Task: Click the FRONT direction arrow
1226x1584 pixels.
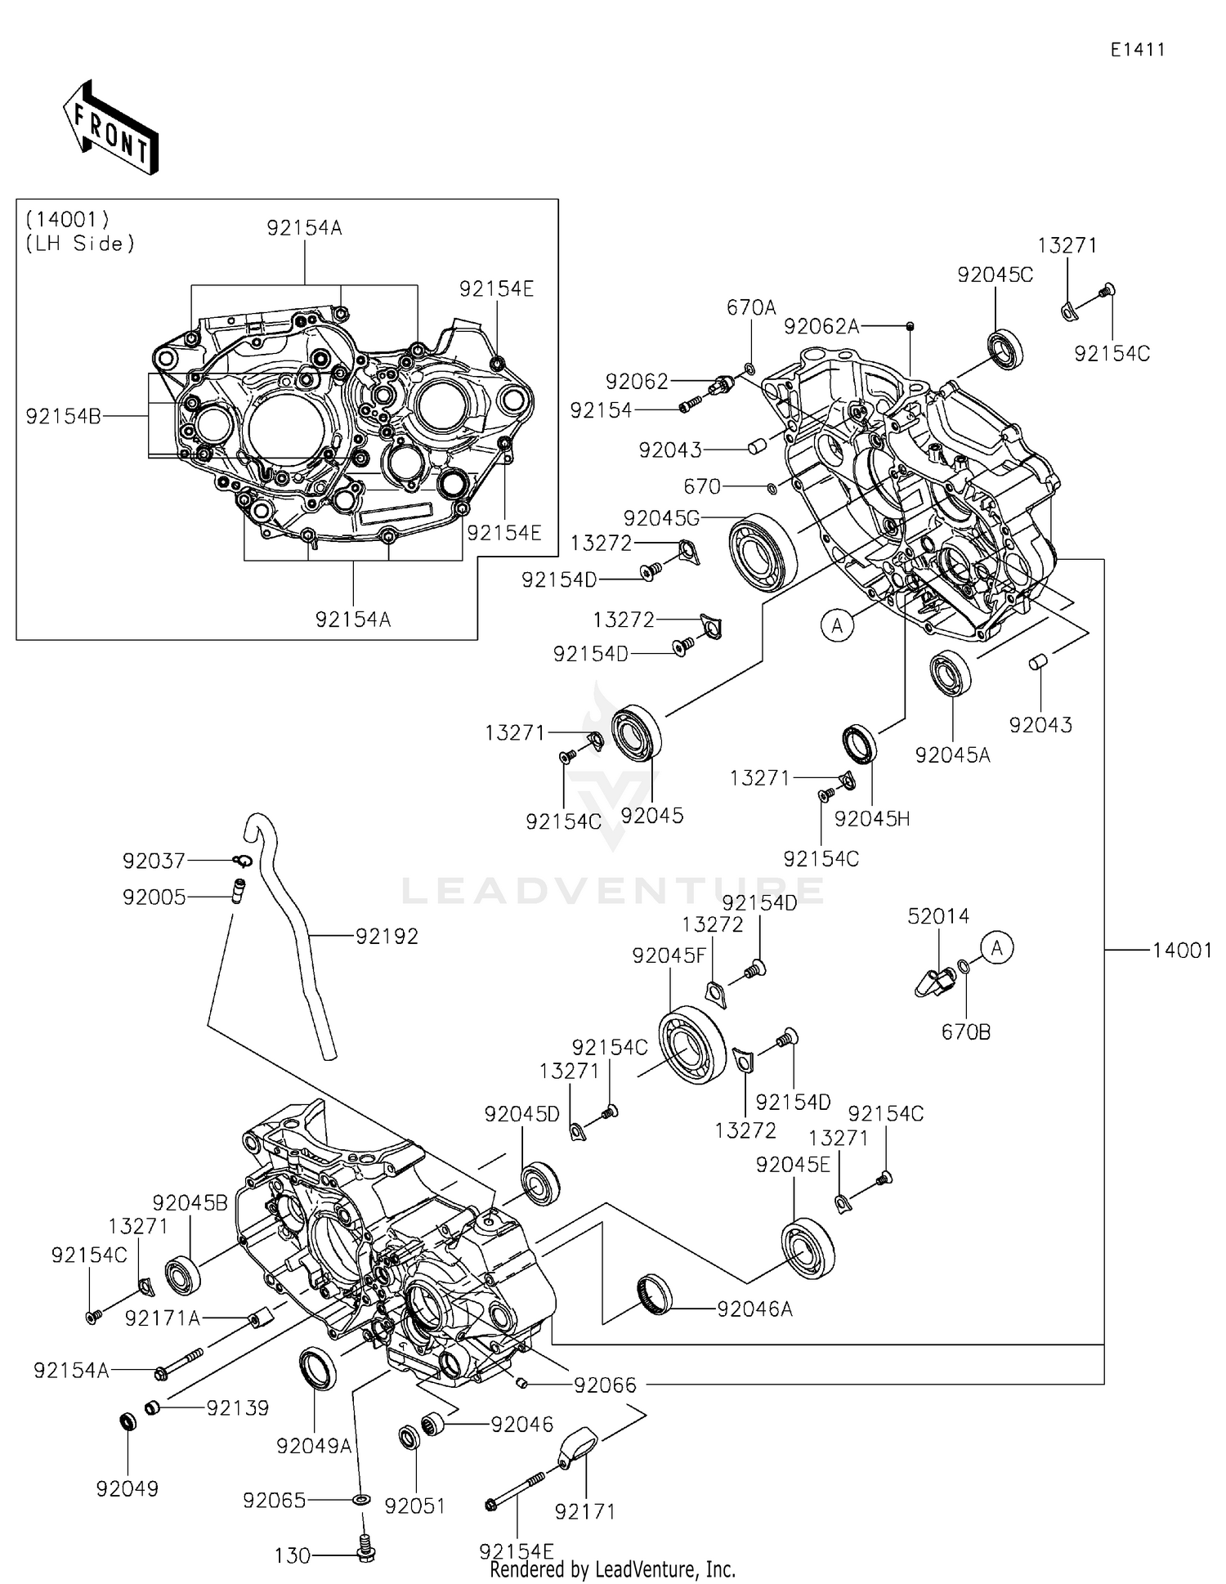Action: coord(111,128)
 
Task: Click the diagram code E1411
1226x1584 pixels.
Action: coord(1137,50)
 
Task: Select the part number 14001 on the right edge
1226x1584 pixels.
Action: coord(1182,950)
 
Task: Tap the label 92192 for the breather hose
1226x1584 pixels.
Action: coord(387,937)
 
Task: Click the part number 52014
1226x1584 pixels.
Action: coord(938,916)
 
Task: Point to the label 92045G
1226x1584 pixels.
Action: coord(661,517)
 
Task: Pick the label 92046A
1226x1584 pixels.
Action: coord(754,1309)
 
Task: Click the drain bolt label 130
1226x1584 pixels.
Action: coord(293,1556)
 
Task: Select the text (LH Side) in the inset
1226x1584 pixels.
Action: coord(80,244)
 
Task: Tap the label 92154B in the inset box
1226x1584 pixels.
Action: coord(64,416)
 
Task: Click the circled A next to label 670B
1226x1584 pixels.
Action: coord(996,948)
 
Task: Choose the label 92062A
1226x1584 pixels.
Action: coord(821,327)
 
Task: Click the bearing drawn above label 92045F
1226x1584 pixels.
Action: coord(692,1045)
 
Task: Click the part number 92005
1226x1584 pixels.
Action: coord(154,897)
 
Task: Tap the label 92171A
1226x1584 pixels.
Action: coord(163,1318)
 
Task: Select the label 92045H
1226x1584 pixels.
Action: coord(872,819)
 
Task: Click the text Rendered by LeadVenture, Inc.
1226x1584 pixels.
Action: coord(612,1569)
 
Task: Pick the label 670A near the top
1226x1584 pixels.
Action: coord(751,307)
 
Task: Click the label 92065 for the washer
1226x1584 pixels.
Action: coord(275,1501)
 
